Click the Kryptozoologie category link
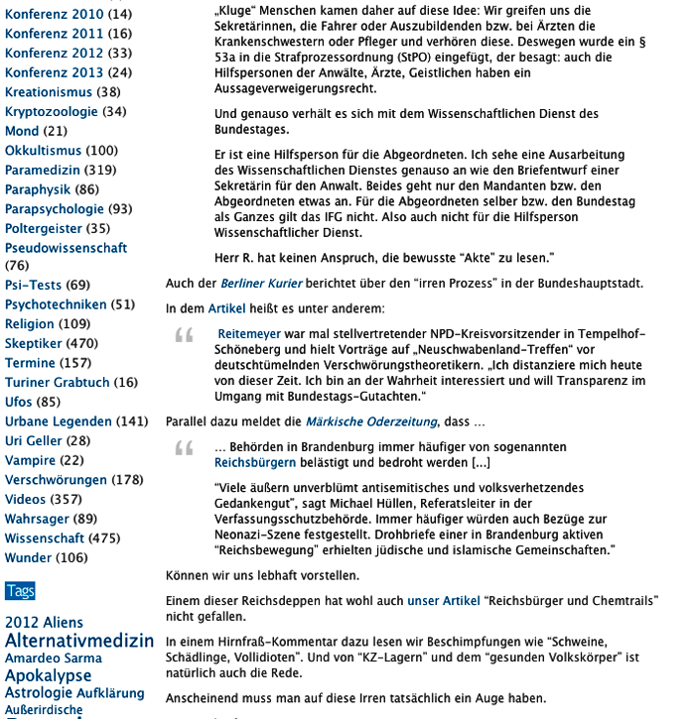51,111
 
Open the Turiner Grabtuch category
57,382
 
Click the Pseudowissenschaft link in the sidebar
66,247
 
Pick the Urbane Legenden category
59,420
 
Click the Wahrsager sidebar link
38,518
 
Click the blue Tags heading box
20,591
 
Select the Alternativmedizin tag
79,640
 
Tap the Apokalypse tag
49,675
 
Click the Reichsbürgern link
255,462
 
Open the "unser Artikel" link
443,601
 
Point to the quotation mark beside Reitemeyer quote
185,337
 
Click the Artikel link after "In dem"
226,308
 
